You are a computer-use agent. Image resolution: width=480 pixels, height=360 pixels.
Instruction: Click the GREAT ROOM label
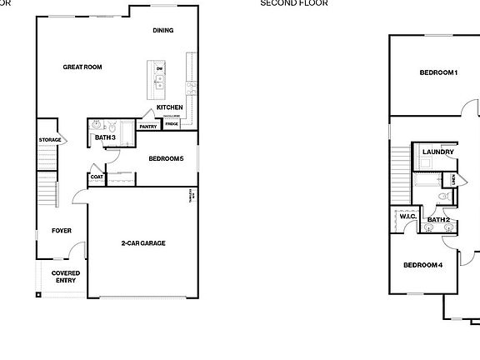(x=82, y=67)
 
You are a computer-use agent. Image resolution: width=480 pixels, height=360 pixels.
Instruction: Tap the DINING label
(x=163, y=31)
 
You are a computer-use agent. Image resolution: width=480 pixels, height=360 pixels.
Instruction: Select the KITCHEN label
(x=170, y=107)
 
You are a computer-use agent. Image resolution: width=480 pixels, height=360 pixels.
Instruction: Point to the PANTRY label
(x=148, y=127)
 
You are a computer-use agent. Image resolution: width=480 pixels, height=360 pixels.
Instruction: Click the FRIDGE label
(x=172, y=124)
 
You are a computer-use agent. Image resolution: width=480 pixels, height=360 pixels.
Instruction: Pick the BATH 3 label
(x=105, y=137)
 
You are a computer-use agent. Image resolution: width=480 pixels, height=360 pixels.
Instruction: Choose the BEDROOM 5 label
(x=166, y=158)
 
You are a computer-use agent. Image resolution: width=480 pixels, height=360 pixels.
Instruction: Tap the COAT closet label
(x=97, y=177)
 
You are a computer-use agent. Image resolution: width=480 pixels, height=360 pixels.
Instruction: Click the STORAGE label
(x=49, y=139)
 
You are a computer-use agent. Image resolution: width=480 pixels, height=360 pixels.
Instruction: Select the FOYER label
(x=62, y=231)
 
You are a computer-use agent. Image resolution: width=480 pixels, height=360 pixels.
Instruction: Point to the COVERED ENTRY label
(x=66, y=277)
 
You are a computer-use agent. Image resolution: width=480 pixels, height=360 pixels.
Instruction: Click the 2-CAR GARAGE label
(x=142, y=243)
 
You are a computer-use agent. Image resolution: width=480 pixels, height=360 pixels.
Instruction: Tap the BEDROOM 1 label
(x=438, y=72)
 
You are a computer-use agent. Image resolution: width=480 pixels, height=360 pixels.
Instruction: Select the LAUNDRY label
(x=437, y=152)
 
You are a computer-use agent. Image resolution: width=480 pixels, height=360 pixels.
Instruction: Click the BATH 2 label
(x=439, y=220)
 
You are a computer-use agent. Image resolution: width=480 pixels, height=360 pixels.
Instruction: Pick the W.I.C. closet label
(x=407, y=217)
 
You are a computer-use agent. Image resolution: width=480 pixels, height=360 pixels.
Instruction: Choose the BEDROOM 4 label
(x=422, y=265)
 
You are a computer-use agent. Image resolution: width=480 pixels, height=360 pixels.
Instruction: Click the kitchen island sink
(x=159, y=81)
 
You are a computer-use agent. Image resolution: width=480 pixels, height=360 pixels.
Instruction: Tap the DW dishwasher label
(x=158, y=67)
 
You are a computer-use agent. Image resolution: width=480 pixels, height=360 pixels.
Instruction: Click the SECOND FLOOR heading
(x=294, y=3)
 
